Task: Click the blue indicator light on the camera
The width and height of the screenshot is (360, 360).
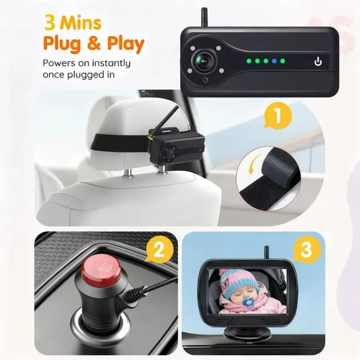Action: point(274,61)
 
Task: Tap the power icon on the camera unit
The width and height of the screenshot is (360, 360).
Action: point(318,61)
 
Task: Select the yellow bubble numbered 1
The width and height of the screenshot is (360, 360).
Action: point(278,115)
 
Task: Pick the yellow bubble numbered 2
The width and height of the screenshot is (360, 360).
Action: point(159,250)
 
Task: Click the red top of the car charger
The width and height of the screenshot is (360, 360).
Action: point(102,270)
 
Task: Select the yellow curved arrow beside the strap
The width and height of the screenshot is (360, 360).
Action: point(254,163)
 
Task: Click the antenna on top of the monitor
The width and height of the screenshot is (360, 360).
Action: point(266,253)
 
